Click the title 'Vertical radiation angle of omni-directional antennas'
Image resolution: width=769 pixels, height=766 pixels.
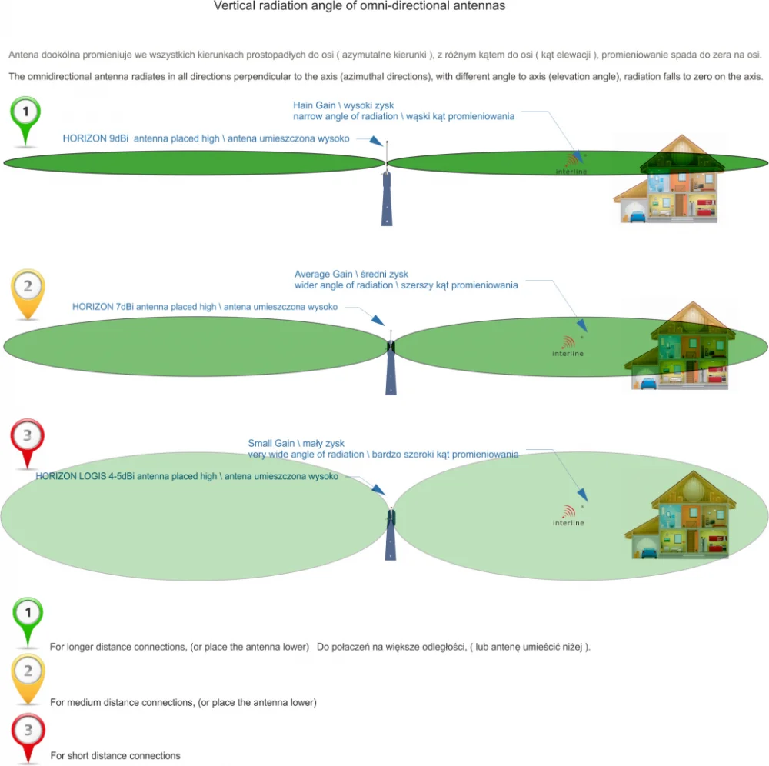(359, 6)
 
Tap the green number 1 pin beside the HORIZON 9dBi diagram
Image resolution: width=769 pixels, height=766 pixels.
(25, 121)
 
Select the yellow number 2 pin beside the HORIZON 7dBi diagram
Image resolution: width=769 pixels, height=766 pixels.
(28, 293)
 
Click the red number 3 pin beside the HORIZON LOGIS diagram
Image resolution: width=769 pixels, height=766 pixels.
(28, 443)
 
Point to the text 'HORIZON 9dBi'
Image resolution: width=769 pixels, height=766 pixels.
(95, 138)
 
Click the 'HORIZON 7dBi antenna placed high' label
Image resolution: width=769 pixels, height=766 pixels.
(145, 307)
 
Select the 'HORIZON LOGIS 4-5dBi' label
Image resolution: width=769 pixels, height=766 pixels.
(85, 476)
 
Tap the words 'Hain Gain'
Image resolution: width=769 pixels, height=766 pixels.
(315, 105)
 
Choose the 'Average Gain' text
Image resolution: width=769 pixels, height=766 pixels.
(324, 274)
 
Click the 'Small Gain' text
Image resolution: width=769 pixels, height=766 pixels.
(271, 443)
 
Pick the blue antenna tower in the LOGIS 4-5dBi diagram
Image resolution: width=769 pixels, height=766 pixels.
(391, 535)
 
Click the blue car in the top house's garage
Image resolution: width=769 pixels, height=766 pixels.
(636, 216)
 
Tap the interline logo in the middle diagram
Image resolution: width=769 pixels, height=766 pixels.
(568, 346)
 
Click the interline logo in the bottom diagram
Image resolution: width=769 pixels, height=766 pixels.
(568, 516)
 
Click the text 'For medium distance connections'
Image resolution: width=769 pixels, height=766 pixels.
(122, 702)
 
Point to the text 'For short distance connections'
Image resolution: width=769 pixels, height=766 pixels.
(115, 756)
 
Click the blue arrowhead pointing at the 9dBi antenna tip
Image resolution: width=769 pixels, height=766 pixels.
(376, 142)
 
